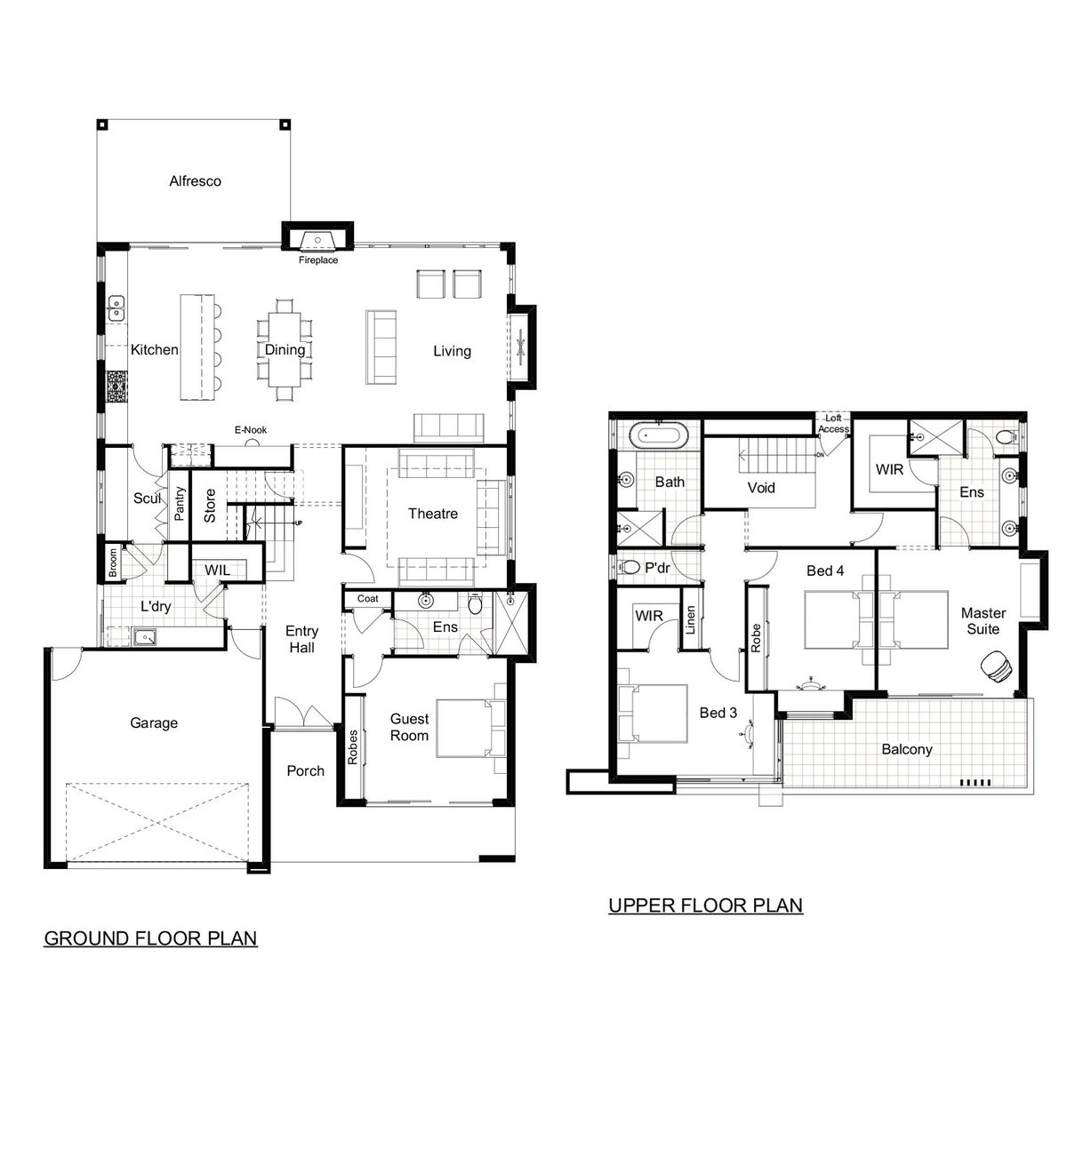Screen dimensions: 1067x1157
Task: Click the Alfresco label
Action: coord(195,181)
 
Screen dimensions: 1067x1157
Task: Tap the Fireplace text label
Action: coord(318,260)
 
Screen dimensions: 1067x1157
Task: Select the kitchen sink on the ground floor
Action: coord(116,308)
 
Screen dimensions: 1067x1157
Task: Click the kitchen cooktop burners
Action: coord(116,387)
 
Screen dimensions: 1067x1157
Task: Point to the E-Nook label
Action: coord(251,430)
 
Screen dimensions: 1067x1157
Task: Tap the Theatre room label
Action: coord(433,514)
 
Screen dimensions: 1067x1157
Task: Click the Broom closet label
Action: coord(113,563)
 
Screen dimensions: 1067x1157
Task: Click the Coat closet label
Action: coord(368,599)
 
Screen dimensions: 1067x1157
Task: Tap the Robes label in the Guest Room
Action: coord(353,747)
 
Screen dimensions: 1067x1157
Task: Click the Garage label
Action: coord(154,722)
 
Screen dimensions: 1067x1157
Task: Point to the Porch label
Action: coord(306,770)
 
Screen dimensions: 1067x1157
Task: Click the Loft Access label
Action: coord(833,423)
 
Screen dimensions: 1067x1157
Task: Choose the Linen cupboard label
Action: coord(691,619)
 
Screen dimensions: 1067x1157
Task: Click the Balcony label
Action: coord(906,749)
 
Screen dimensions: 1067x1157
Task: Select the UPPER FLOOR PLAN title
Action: coord(706,905)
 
